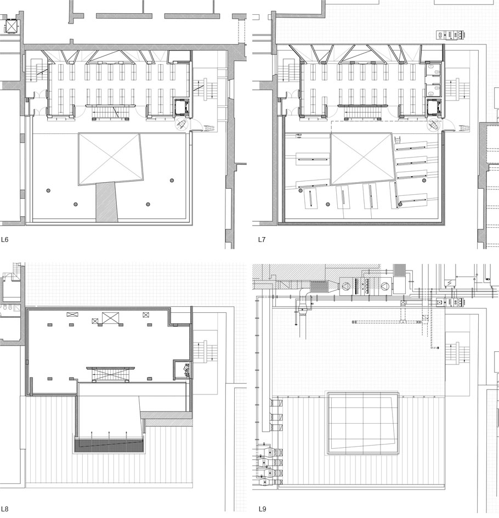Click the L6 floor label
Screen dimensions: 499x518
pos(4,240)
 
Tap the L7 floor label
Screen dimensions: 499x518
pos(262,240)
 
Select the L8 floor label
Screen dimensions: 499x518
pos(4,509)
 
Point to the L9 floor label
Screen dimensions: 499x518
pos(262,509)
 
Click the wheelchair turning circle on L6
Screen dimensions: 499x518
pos(182,125)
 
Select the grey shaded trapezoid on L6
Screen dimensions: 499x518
pos(106,202)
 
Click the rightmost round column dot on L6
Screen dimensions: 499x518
pos(172,181)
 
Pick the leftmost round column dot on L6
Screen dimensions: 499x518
pos(48,190)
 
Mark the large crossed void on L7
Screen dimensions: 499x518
pos(362,159)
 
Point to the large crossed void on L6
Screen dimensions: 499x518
pos(111,159)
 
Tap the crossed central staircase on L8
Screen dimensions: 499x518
pos(110,374)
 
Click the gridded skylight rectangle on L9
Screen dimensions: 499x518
pos(362,423)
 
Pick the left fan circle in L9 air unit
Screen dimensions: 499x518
pos(345,286)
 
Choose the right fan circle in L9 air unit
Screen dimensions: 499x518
pos(385,286)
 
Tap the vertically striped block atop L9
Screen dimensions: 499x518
pos(400,270)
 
